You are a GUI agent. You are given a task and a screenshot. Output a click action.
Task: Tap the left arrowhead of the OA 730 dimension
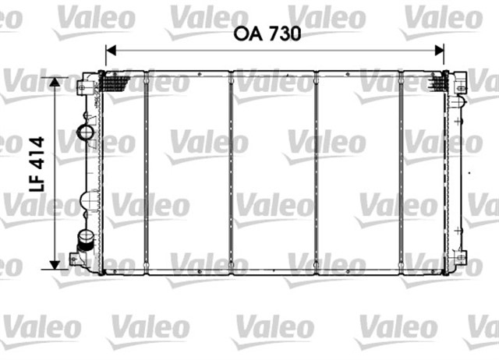(110, 50)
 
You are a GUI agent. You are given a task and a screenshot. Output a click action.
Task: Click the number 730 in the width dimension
(283, 34)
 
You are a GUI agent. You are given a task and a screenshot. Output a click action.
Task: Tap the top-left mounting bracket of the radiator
(87, 82)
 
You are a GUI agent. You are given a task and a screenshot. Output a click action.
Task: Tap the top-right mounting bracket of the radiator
(460, 81)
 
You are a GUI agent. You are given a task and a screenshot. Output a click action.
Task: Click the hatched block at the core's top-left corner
(115, 79)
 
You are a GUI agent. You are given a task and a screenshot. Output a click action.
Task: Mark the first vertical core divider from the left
(146, 171)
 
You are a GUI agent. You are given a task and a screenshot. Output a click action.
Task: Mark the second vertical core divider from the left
(231, 171)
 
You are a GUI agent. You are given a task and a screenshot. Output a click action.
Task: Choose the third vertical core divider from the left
(316, 171)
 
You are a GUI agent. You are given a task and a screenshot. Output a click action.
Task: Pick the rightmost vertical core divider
(400, 171)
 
